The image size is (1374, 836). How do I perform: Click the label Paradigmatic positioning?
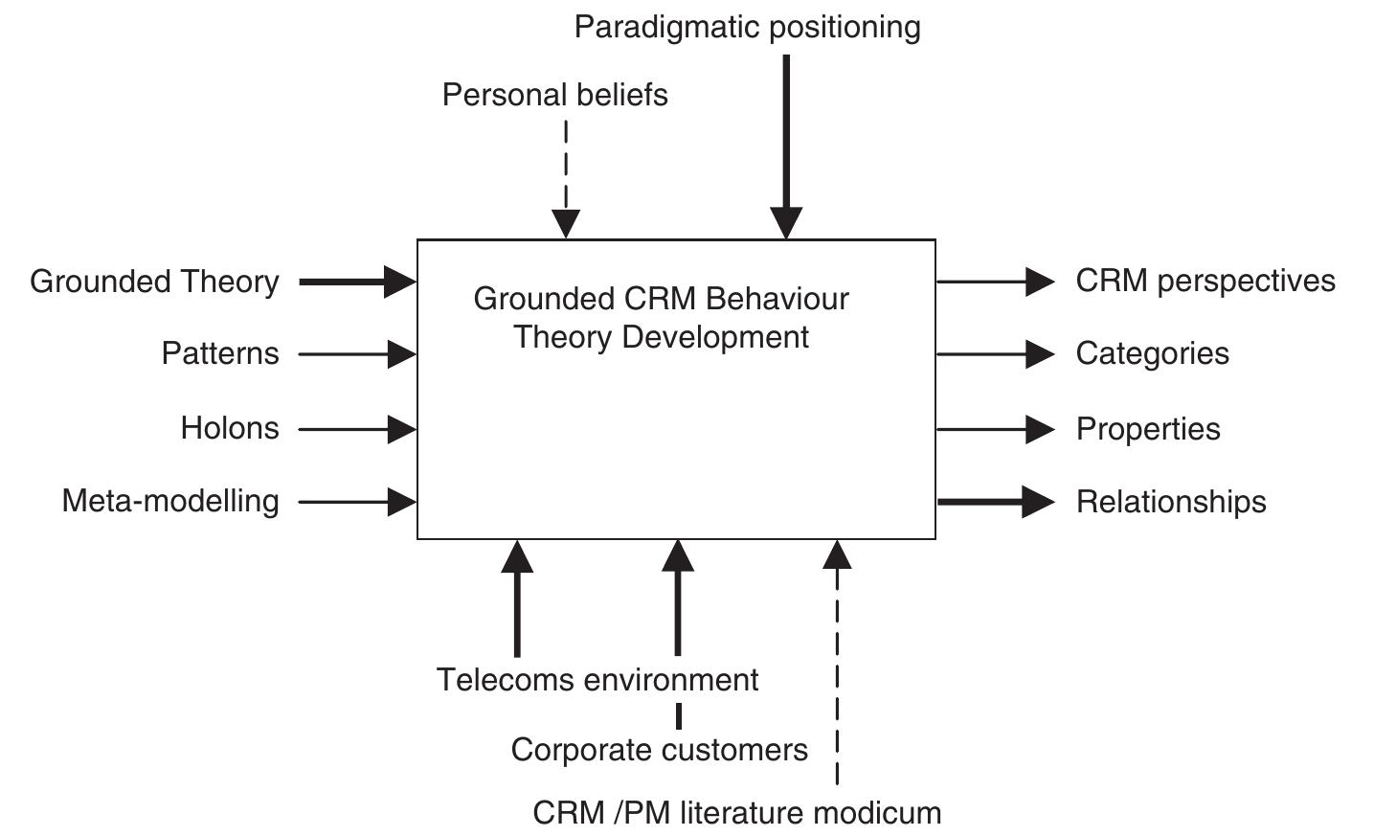(x=747, y=27)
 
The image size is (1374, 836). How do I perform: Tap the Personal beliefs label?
(x=554, y=95)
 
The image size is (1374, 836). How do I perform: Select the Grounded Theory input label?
(x=154, y=282)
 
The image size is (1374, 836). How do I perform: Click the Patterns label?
(x=219, y=353)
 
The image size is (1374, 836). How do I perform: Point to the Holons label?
(x=229, y=428)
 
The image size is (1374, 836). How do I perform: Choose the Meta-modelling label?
(x=170, y=501)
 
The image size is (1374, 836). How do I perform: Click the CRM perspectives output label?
(x=1205, y=281)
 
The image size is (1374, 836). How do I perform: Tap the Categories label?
(x=1152, y=353)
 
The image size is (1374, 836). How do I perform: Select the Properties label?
(x=1147, y=429)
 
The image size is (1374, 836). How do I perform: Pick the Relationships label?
(x=1170, y=502)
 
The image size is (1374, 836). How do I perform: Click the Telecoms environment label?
(x=597, y=680)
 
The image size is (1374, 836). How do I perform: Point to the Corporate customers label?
(x=659, y=749)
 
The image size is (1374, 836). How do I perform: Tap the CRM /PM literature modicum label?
(x=736, y=813)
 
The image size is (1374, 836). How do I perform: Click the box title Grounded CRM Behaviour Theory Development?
(x=661, y=318)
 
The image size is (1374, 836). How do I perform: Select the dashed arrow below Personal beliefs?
(x=566, y=177)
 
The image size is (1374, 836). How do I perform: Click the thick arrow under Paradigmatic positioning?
(x=786, y=144)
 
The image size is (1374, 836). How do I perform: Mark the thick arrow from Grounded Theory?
(x=354, y=282)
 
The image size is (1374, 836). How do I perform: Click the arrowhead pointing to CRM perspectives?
(x=1040, y=282)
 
